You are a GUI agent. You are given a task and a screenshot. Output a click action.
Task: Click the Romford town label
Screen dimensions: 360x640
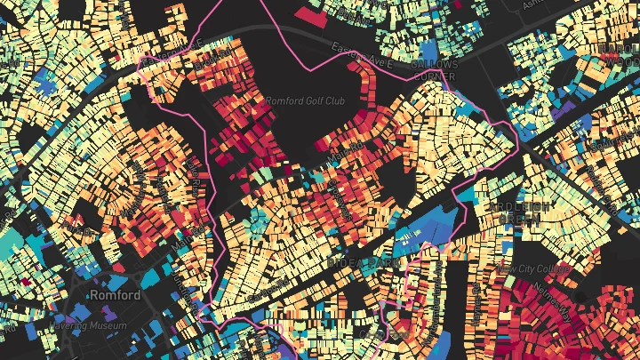point(116,294)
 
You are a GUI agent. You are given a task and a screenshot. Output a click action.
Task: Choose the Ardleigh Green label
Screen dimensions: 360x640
point(521,212)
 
